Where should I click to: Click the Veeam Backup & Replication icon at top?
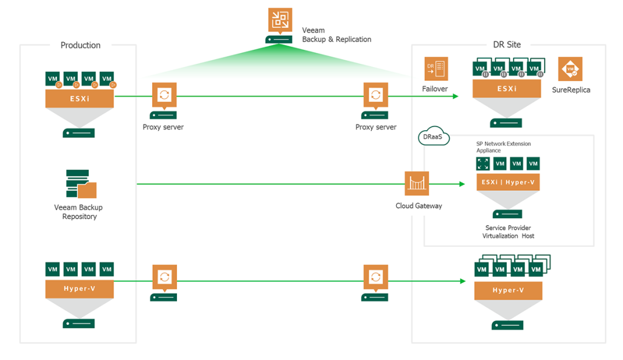point(280,20)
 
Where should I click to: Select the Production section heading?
point(80,45)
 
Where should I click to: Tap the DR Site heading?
point(506,44)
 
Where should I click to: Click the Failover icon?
point(436,69)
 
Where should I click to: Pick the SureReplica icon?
point(570,69)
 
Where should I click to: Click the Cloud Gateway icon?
point(417,183)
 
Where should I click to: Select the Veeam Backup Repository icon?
point(80,184)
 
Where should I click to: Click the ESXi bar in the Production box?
point(79,98)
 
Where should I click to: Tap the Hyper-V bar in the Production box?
point(79,288)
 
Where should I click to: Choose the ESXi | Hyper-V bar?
point(508,182)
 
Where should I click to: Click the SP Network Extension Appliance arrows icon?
point(483,164)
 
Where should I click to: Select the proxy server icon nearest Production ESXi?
point(164,95)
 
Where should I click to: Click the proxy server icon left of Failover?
point(375,95)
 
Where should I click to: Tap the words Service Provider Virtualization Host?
point(508,232)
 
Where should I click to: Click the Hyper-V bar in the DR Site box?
point(508,290)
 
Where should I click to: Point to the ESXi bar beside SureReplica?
point(507,89)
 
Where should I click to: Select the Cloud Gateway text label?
point(419,206)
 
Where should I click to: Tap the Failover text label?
point(435,89)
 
